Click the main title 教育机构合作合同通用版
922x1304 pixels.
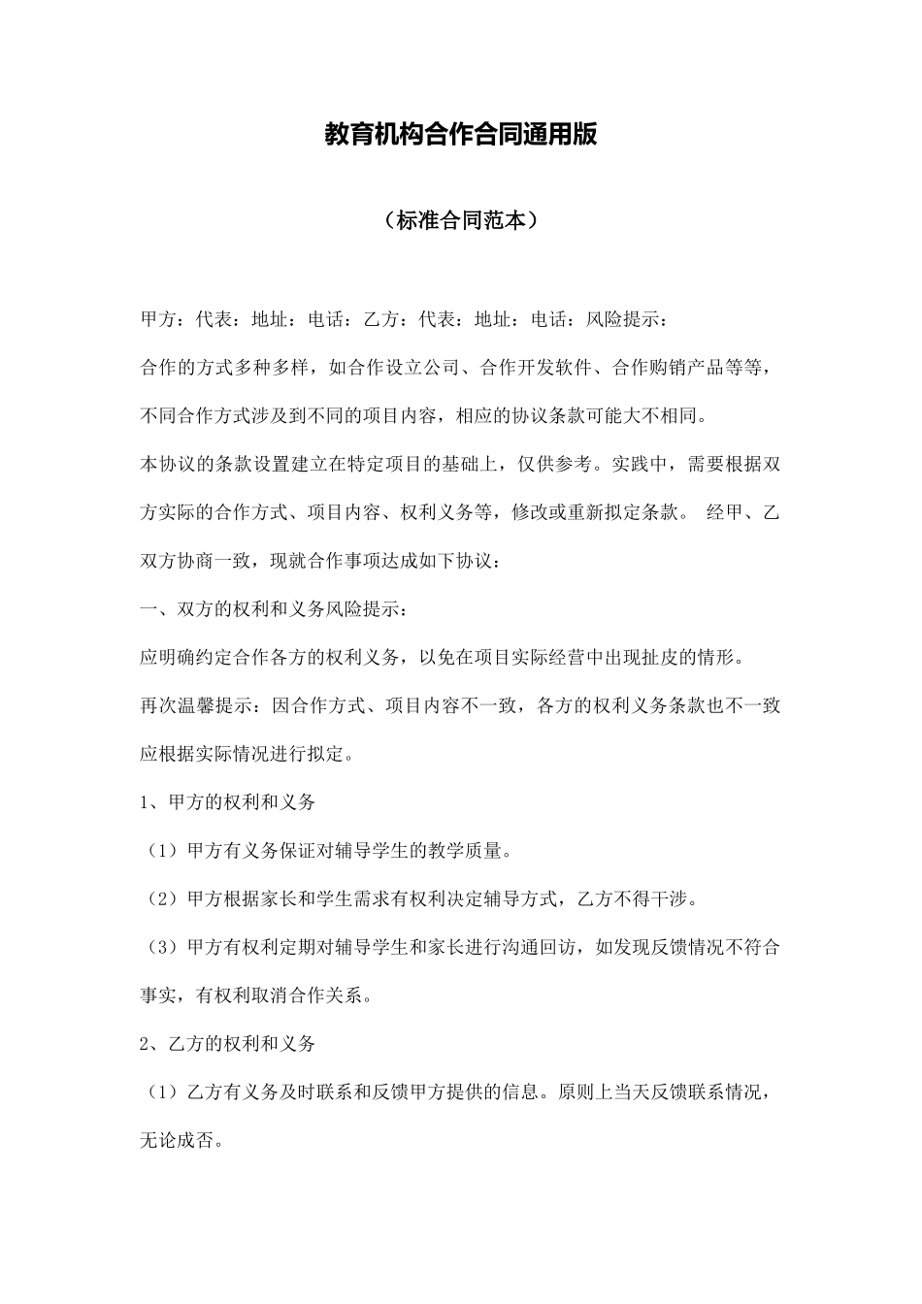pos(460,135)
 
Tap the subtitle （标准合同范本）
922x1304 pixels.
pos(460,220)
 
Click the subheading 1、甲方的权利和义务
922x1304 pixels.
pos(228,802)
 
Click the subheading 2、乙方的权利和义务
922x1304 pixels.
pos(228,1044)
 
